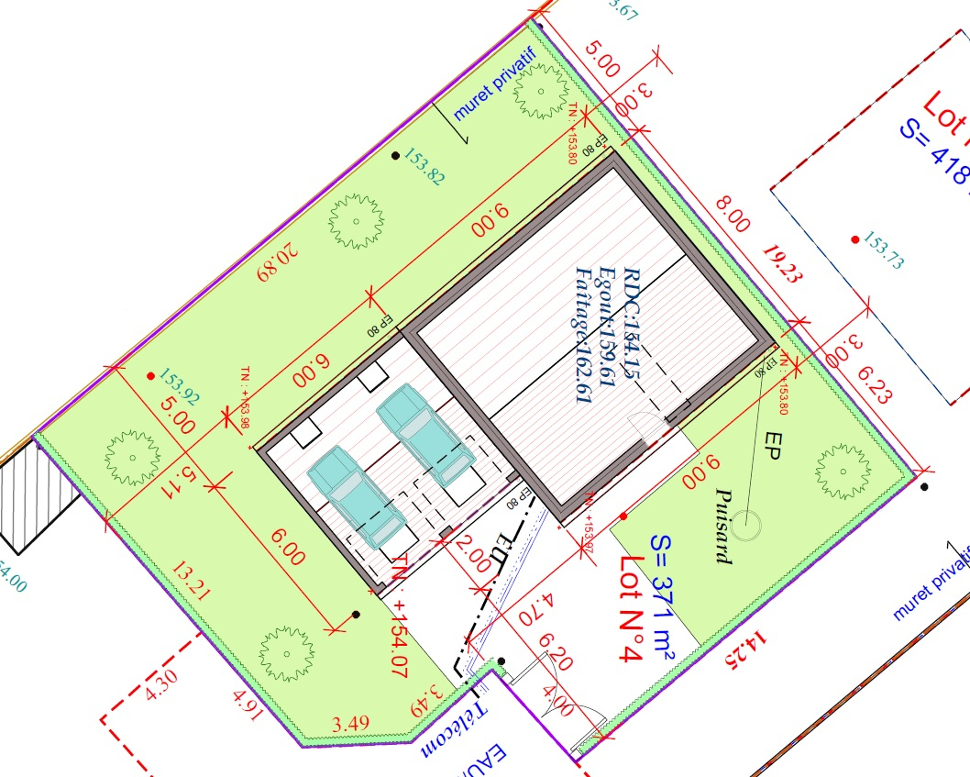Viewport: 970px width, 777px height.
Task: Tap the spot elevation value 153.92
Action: click(180, 387)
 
